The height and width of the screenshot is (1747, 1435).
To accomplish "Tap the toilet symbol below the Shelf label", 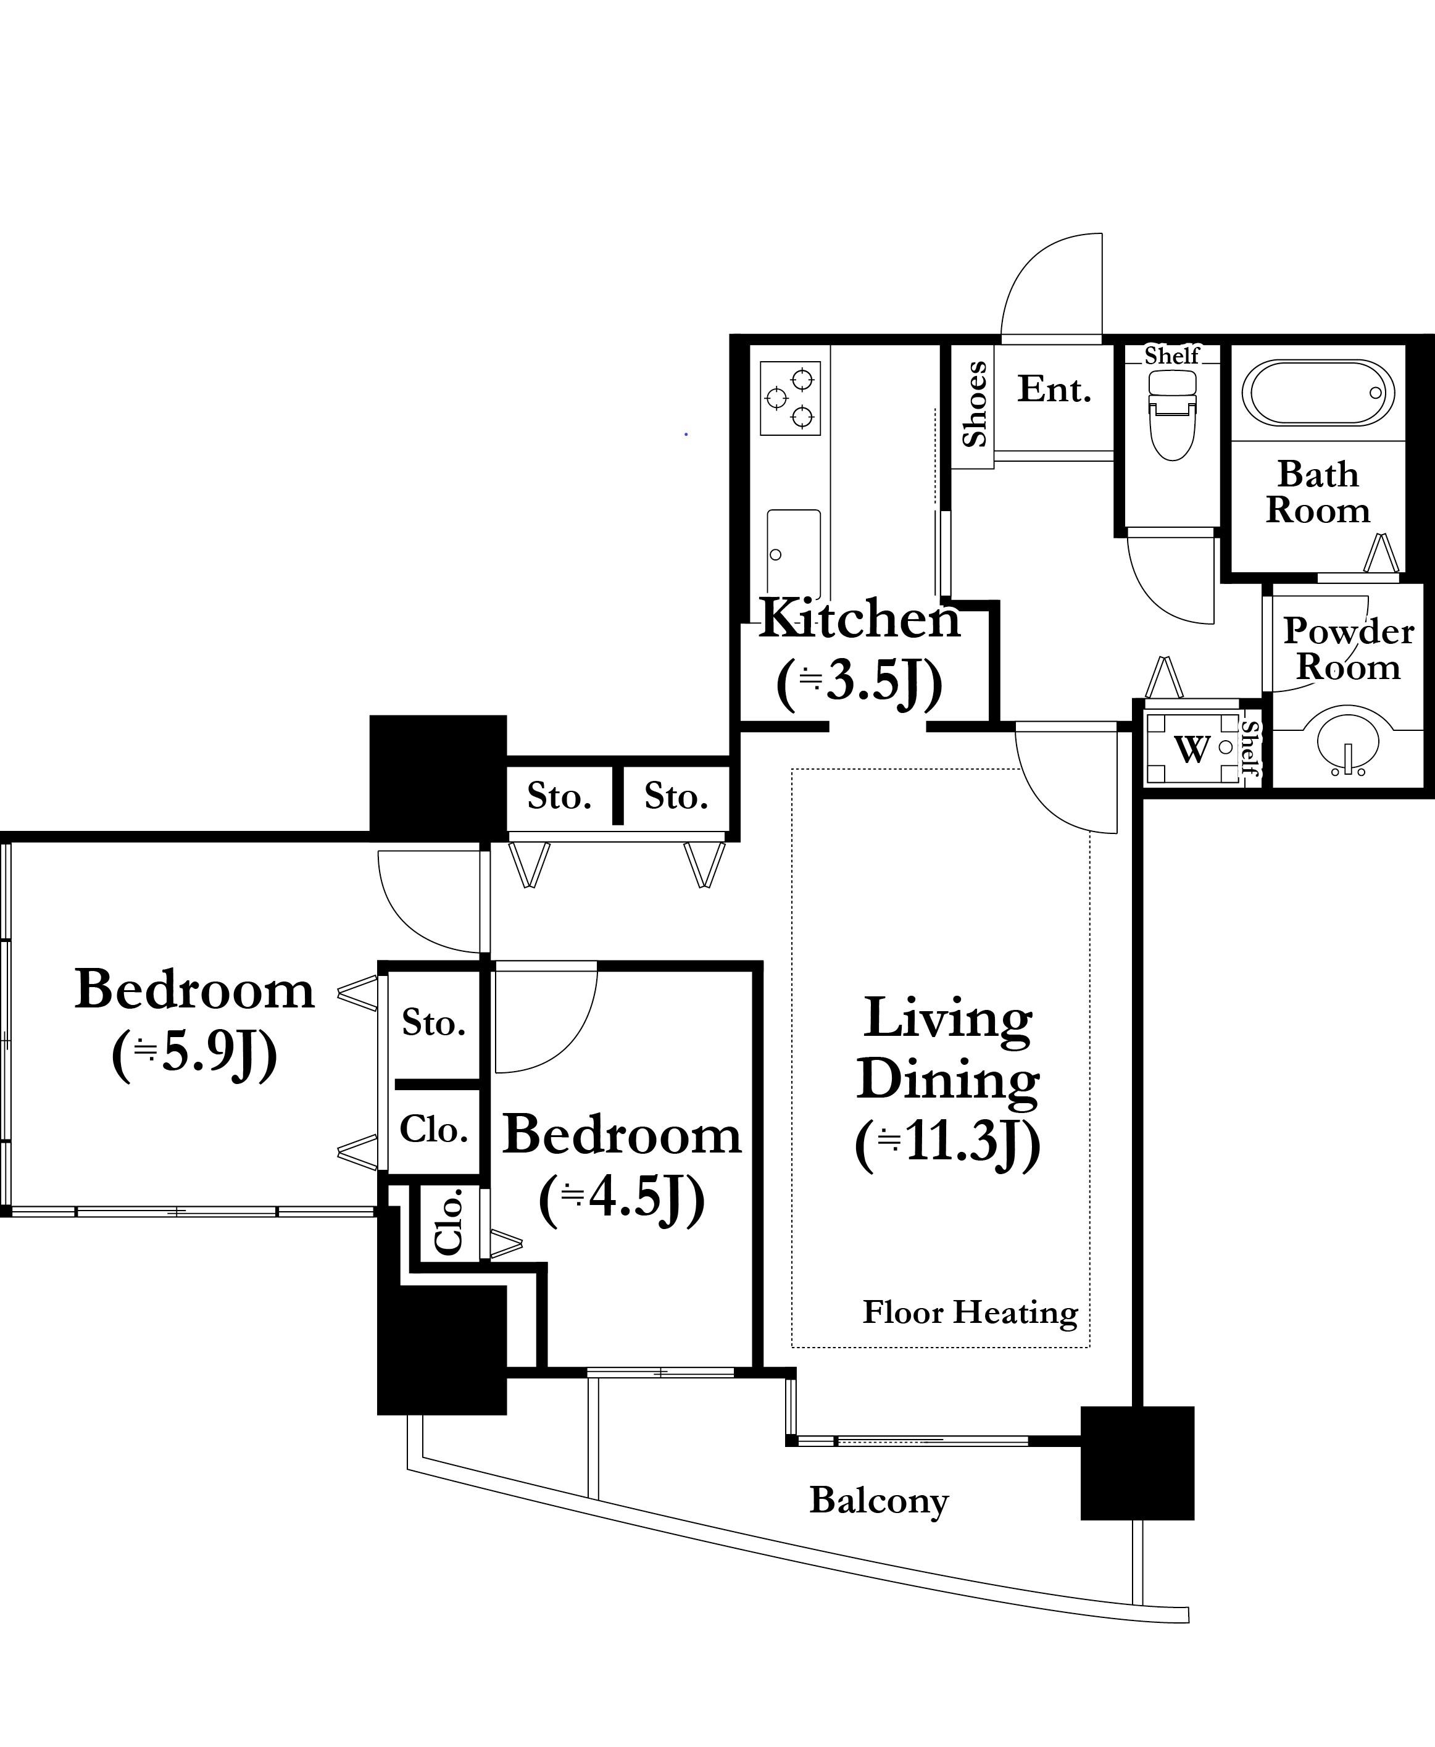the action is coord(1172,414).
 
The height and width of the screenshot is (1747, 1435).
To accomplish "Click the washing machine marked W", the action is coord(1192,749).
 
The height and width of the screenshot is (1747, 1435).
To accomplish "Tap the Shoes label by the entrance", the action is coord(975,404).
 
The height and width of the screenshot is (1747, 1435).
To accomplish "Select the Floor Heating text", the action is coord(970,1312).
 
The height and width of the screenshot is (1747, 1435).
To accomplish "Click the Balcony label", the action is coord(879,1501).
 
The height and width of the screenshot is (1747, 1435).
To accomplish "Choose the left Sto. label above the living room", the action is coord(560,796).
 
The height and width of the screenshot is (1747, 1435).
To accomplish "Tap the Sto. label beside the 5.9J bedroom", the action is coord(434,1023).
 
